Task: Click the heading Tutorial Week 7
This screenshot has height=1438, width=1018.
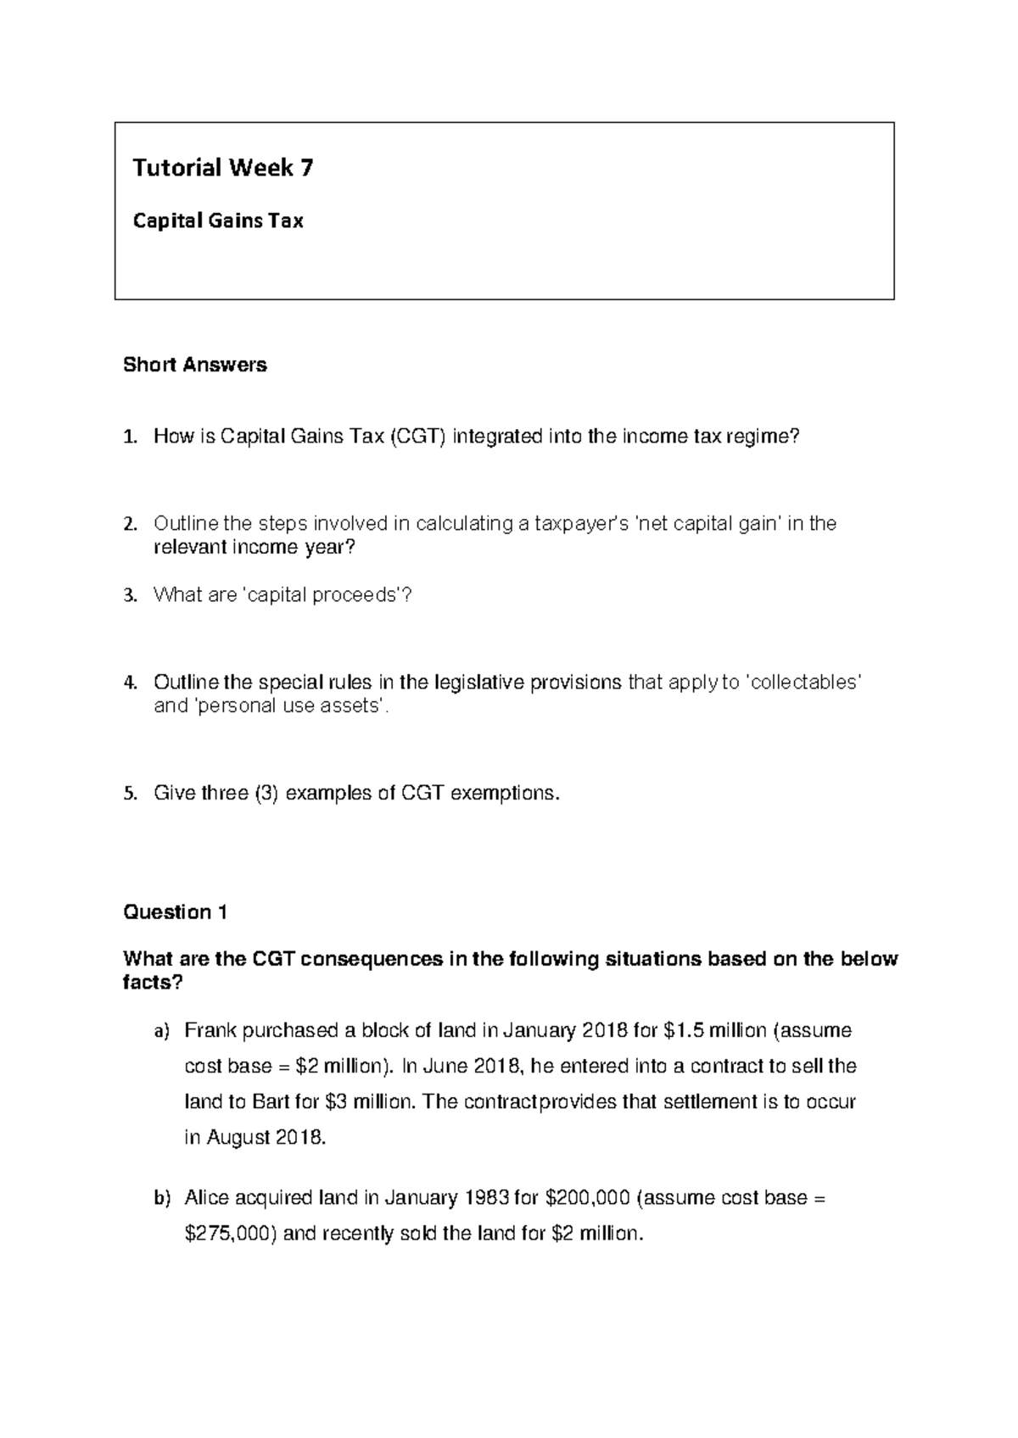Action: tap(222, 169)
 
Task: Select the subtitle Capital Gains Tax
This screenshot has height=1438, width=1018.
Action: tap(218, 221)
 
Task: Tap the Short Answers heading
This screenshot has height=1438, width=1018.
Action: tap(195, 365)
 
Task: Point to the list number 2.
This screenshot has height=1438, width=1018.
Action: tap(129, 524)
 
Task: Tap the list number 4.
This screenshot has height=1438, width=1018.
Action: tap(129, 683)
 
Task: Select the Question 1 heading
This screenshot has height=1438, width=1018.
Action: tap(176, 912)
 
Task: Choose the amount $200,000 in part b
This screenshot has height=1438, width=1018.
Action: tap(587, 1198)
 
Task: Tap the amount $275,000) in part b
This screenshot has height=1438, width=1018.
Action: tap(231, 1234)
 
